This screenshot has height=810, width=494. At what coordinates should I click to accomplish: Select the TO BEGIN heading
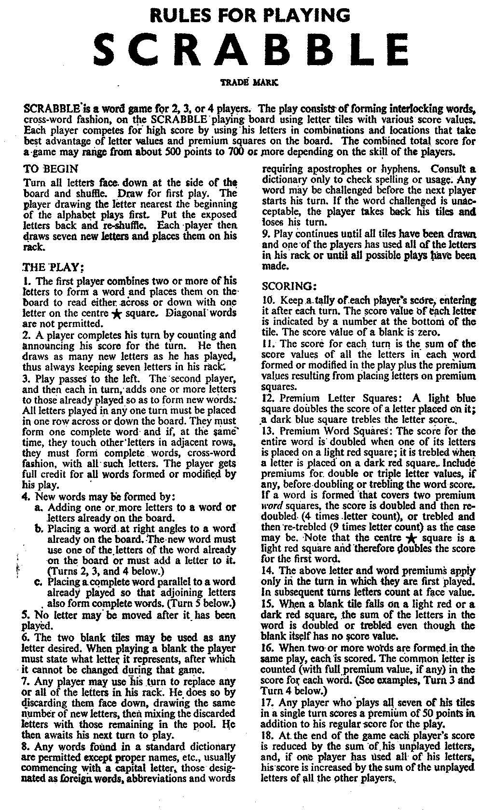click(51, 169)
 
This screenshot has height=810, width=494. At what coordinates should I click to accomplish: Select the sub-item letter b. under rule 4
click(39, 529)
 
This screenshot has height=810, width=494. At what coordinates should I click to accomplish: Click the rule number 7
click(26, 682)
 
